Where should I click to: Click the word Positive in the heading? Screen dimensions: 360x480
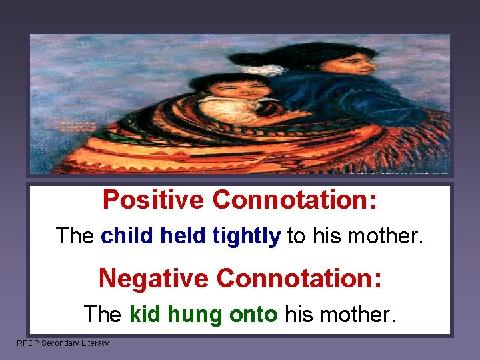(x=153, y=199)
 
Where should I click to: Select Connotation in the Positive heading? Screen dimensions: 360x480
(x=295, y=199)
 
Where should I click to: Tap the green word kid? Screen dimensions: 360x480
(x=145, y=313)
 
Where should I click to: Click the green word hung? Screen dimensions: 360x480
(x=195, y=314)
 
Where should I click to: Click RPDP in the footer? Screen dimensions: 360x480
(x=27, y=343)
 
